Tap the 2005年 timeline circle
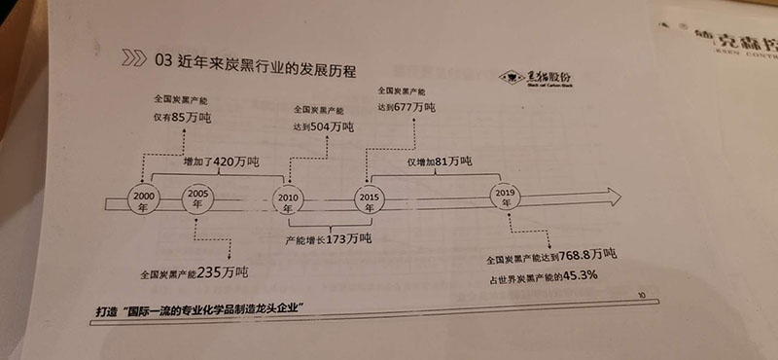click(199, 198)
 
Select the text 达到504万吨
click(323, 126)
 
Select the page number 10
click(639, 293)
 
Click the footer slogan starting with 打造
click(213, 309)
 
